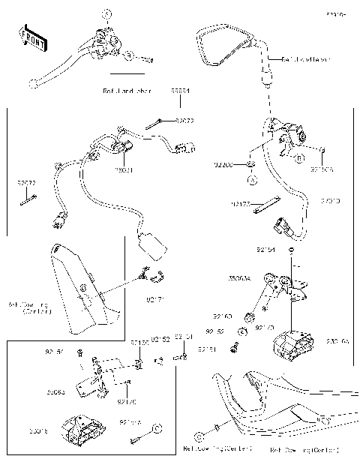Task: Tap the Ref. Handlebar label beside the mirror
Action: click(x=306, y=58)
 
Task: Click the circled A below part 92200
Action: click(x=253, y=180)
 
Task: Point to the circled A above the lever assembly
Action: click(x=106, y=14)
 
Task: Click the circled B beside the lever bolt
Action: click(x=130, y=55)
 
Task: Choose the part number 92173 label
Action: click(x=241, y=203)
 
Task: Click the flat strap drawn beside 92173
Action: click(x=265, y=204)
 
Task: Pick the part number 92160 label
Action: click(x=223, y=316)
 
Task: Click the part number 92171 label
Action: click(x=156, y=299)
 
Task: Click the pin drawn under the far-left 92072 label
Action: click(x=28, y=198)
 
